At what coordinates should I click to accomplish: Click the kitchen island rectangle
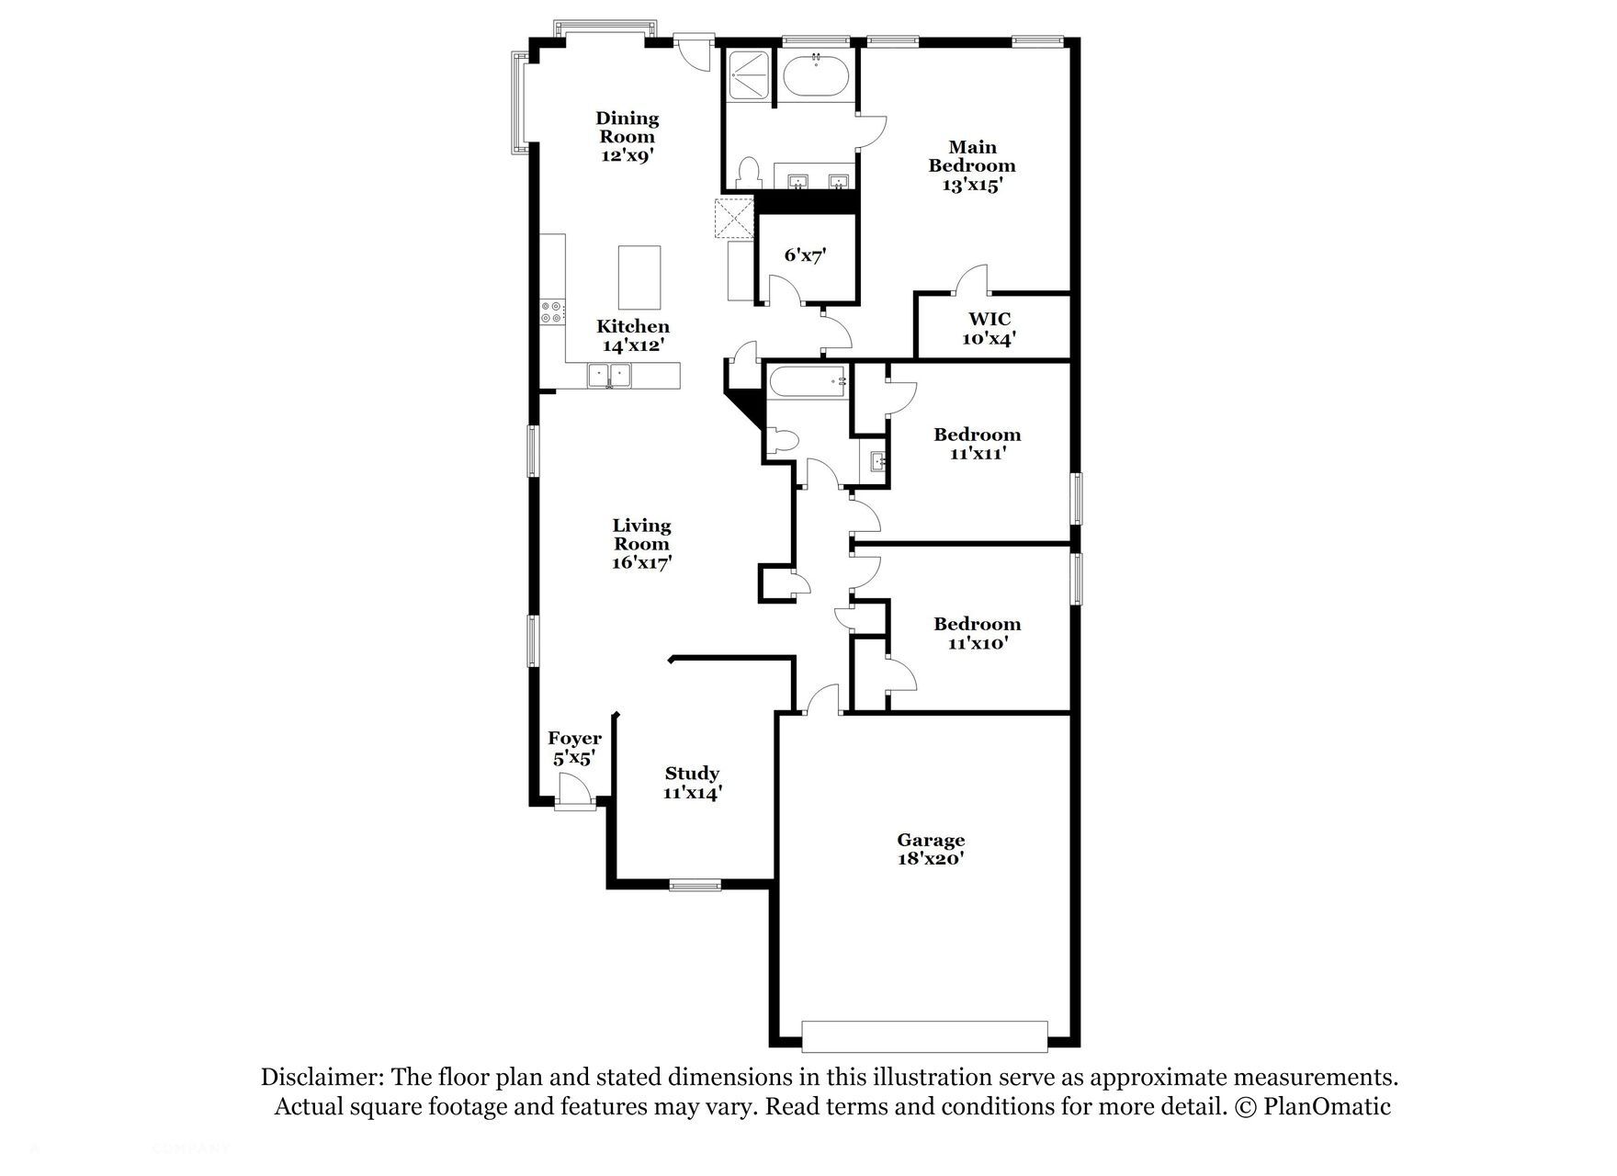coord(639,277)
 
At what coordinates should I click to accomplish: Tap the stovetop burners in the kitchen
coord(552,311)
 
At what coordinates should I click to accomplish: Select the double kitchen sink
coord(609,375)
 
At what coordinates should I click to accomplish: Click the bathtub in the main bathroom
coord(815,74)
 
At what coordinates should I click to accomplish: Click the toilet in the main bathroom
coord(749,174)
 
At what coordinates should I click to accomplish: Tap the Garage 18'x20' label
coord(931,849)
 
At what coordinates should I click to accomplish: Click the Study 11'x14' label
coord(692,783)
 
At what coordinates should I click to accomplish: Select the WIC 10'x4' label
coord(989,328)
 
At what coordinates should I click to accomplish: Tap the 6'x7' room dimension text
coord(805,254)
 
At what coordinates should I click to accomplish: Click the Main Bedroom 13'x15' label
coord(972,165)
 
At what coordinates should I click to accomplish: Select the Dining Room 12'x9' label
coord(628,136)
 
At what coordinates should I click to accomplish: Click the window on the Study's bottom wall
coord(695,885)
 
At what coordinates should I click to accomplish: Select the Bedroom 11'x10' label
coord(978,633)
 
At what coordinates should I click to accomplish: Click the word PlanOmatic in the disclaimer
coord(1327,1106)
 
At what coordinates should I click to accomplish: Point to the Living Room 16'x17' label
coord(642,543)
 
